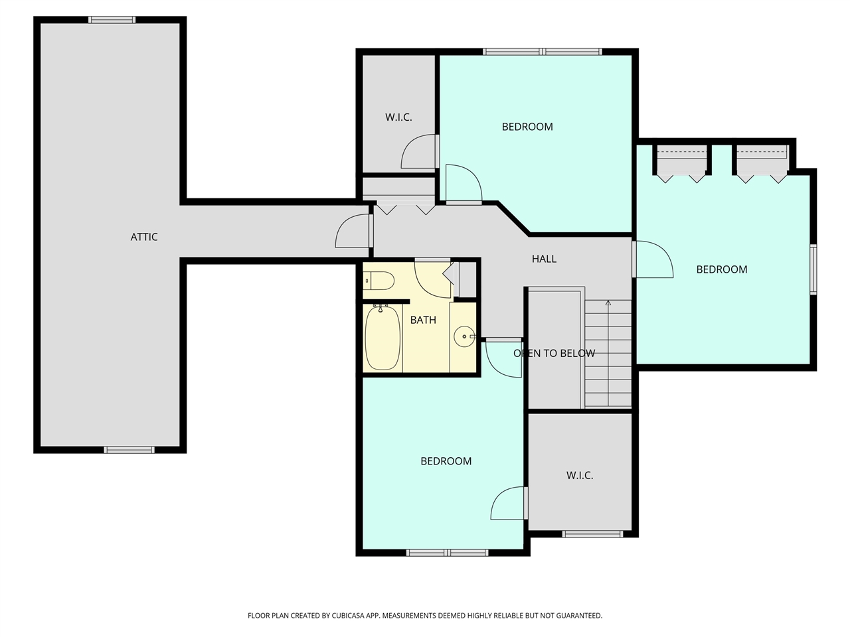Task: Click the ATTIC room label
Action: coord(144,237)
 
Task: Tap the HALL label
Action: coord(544,259)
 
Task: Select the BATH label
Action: coord(423,320)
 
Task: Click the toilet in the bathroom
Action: coord(380,281)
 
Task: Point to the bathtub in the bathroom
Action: coord(382,338)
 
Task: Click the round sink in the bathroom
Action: coord(464,337)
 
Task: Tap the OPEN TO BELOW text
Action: coord(554,353)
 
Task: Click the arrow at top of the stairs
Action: coord(608,304)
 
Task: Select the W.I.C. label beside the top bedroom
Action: coord(398,117)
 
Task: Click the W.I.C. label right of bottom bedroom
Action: coord(580,476)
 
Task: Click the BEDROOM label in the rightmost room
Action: coord(722,269)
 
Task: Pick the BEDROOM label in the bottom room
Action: coord(446,461)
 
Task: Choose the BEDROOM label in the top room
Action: coord(527,127)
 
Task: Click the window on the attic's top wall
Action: coord(112,20)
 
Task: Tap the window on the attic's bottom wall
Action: coord(129,450)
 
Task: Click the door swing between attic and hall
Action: coord(352,232)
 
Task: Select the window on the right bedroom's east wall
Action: coord(813,269)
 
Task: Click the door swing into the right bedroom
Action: coord(654,260)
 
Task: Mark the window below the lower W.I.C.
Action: coord(592,533)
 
